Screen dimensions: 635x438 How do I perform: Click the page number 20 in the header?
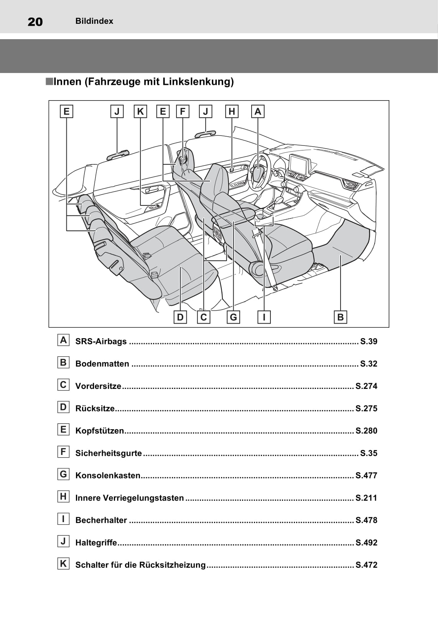pos(35,22)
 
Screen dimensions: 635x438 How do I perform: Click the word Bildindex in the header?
pos(94,21)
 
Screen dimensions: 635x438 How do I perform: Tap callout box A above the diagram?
pos(258,111)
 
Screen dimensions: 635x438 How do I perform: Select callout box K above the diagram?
pos(140,111)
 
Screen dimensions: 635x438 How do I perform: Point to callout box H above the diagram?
pos(232,111)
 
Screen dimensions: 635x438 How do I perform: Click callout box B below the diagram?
pos(340,317)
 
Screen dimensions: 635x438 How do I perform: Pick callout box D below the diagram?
pos(180,317)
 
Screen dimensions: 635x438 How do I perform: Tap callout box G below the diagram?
pos(233,317)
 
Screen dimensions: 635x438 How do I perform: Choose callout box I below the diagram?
pos(264,317)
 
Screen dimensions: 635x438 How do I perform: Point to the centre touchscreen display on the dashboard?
pos(299,164)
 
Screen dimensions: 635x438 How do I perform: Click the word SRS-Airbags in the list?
pos(101,341)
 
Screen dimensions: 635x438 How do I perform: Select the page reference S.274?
pos(366,386)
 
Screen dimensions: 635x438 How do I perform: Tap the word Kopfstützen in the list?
pos(100,431)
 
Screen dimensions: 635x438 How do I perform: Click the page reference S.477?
pos(366,476)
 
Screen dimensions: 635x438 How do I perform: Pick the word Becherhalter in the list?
pos(101,520)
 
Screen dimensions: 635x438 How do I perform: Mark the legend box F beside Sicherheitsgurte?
pos(63,452)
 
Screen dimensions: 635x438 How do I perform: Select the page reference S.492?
pos(366,543)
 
